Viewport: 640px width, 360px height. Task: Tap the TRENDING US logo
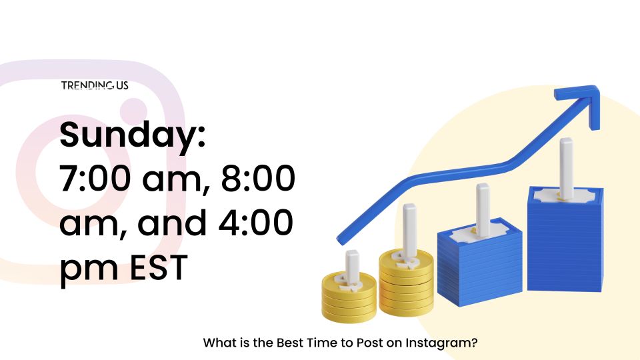click(95, 85)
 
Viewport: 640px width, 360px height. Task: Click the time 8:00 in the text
click(258, 178)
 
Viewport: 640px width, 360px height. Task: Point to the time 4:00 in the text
click(255, 222)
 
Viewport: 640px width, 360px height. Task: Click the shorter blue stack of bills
click(479, 262)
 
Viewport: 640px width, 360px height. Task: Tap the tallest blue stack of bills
click(565, 239)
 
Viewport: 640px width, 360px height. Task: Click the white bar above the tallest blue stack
click(566, 167)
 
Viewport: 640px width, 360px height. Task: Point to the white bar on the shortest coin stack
click(352, 265)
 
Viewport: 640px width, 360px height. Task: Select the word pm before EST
click(89, 269)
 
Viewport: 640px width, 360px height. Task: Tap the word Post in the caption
click(369, 342)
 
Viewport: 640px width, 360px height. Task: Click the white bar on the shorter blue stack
click(483, 210)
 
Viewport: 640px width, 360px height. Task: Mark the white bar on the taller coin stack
click(409, 231)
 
